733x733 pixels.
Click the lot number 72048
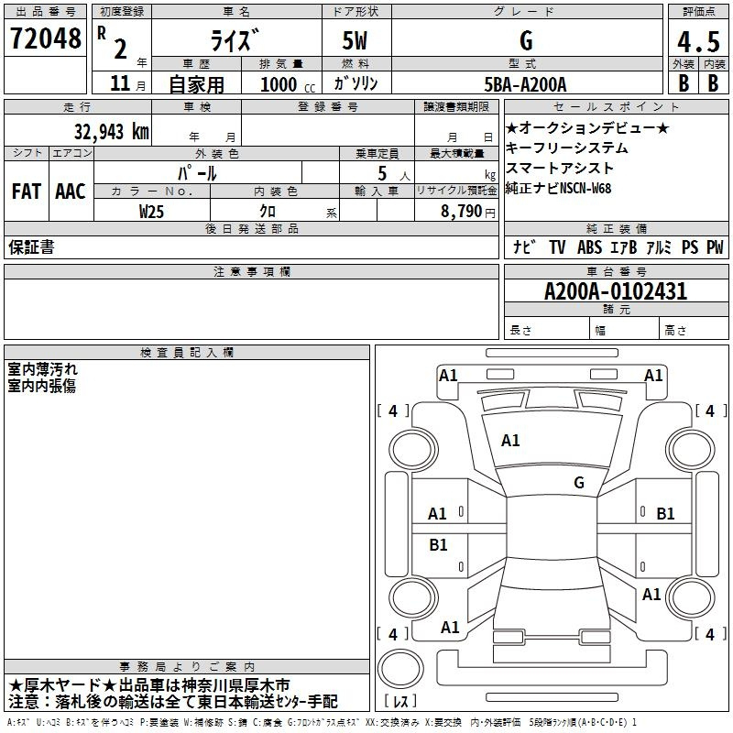45,38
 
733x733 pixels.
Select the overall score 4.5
698,41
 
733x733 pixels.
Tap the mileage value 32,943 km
112,132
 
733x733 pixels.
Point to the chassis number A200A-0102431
616,291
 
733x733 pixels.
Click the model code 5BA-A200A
525,84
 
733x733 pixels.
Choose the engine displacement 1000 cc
288,85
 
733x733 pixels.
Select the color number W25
151,212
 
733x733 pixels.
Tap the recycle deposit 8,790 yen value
467,212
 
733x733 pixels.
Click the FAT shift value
27,191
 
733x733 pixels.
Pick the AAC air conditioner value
71,191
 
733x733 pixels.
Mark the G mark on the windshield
579,482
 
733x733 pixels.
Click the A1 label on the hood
510,440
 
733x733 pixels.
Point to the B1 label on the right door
665,514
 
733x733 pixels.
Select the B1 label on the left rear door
438,544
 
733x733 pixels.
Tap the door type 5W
355,40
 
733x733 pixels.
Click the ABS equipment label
589,247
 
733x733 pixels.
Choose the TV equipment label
557,247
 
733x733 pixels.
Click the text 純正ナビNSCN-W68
558,189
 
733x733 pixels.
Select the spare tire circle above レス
400,668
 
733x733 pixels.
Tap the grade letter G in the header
526,40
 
